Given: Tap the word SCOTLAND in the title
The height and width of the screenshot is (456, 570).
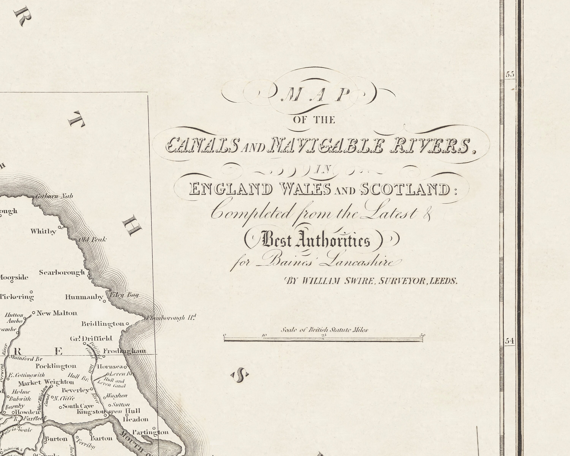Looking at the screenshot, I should click(405, 189).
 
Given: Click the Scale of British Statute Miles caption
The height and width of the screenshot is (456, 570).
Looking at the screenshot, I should click(324, 330).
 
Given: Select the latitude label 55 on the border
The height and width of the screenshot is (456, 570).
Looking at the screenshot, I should click(510, 74).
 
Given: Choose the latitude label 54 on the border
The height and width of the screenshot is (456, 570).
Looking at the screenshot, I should click(510, 341).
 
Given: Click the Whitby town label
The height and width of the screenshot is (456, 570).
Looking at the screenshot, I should click(43, 232).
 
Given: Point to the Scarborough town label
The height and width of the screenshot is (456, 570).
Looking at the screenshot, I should click(62, 272).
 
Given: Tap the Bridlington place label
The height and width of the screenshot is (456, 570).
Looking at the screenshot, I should click(103, 324).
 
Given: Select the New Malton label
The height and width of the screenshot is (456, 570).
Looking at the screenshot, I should click(57, 313).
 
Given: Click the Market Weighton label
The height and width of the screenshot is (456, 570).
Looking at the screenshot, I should click(46, 382).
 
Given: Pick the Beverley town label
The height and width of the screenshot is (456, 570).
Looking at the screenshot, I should click(76, 390).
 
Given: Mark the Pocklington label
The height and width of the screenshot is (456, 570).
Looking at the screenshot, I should click(56, 366).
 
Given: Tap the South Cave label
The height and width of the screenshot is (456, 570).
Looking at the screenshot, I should click(78, 406).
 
